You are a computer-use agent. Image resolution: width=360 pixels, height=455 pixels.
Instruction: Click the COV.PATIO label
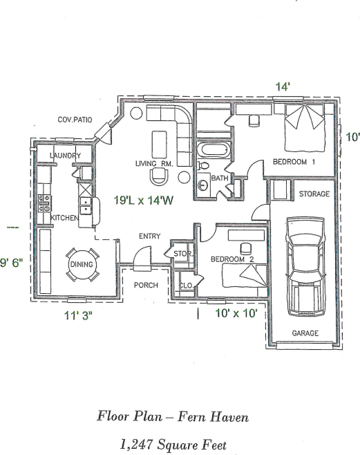click(x=75, y=120)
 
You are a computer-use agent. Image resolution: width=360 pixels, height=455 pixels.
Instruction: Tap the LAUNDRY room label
click(x=65, y=156)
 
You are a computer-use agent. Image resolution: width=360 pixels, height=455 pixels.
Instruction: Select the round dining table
click(x=82, y=264)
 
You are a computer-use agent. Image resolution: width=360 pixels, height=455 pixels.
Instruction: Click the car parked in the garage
click(x=305, y=266)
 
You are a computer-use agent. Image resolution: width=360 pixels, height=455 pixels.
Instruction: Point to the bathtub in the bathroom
click(x=214, y=150)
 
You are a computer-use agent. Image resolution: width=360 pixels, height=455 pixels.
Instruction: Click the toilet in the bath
click(x=203, y=166)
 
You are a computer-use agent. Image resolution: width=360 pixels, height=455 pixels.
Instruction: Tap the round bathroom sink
click(x=204, y=185)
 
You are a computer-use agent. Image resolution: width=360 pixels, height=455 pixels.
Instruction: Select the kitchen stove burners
click(x=44, y=203)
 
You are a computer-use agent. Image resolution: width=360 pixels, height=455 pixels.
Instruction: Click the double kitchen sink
click(x=86, y=206)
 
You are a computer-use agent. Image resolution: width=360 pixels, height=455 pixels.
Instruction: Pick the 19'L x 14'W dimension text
click(x=144, y=201)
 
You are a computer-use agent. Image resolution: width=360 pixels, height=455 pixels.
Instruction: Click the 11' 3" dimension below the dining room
click(x=78, y=315)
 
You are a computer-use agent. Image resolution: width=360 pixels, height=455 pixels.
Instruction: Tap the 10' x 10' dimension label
click(x=236, y=313)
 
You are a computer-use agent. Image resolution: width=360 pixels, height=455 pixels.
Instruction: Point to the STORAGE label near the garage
click(x=314, y=194)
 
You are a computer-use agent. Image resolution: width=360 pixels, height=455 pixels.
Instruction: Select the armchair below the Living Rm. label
click(x=159, y=175)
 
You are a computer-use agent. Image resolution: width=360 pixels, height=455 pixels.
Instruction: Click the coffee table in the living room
click(x=160, y=145)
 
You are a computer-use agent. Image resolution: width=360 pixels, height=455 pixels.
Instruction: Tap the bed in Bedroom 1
click(x=304, y=128)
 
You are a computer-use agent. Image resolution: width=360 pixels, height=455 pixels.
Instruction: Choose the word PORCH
click(x=146, y=286)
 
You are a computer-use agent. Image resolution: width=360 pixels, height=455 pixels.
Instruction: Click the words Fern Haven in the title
click(x=213, y=417)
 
